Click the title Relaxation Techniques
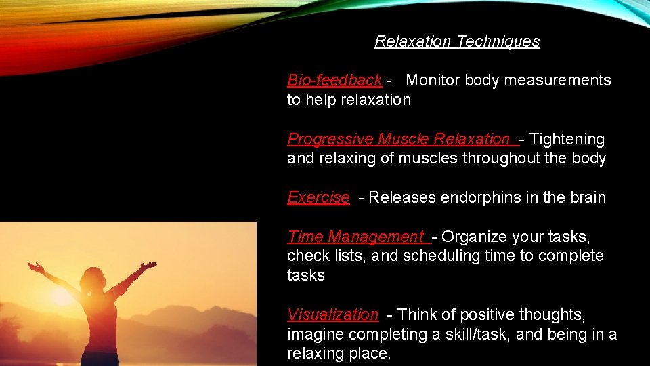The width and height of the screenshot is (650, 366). pyautogui.click(x=457, y=41)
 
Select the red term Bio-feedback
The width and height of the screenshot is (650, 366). pyautogui.click(x=334, y=80)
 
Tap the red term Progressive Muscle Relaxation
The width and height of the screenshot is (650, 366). pyautogui.click(x=398, y=139)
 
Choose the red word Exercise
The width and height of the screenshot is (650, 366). pyautogui.click(x=318, y=197)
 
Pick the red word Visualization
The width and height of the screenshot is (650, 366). pyautogui.click(x=332, y=314)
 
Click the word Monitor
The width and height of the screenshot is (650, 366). pyautogui.click(x=433, y=80)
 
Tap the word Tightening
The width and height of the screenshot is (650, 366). pyautogui.click(x=567, y=139)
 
